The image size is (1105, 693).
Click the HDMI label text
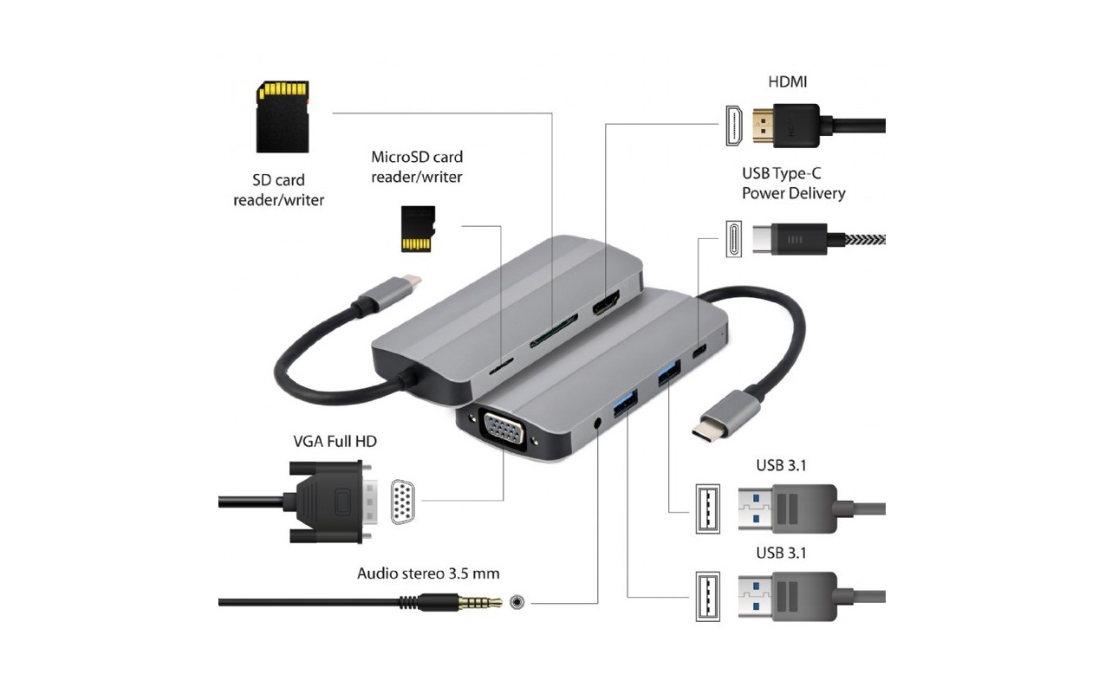click(x=787, y=82)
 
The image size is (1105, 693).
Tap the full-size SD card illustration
click(x=283, y=117)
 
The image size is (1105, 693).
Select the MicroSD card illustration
click(x=418, y=229)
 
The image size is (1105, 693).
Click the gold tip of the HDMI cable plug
click(x=763, y=126)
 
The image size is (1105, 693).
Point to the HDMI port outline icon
click(x=734, y=126)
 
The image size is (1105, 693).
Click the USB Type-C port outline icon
click(x=734, y=239)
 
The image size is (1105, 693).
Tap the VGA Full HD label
click(x=335, y=442)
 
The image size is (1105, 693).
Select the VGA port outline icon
click(x=403, y=502)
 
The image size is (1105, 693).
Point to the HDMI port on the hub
click(x=607, y=303)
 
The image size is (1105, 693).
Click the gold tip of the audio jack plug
click(x=480, y=602)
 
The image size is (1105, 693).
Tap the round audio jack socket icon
click(x=517, y=602)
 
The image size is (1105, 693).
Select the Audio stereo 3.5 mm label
click(x=428, y=573)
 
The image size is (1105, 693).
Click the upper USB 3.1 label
click(x=781, y=466)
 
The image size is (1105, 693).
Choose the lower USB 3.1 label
click(x=781, y=553)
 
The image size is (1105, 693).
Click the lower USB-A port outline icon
click(x=708, y=596)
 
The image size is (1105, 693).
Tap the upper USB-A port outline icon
click(x=708, y=509)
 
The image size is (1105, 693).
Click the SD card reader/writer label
click(x=279, y=190)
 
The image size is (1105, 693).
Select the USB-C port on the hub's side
click(x=699, y=351)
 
